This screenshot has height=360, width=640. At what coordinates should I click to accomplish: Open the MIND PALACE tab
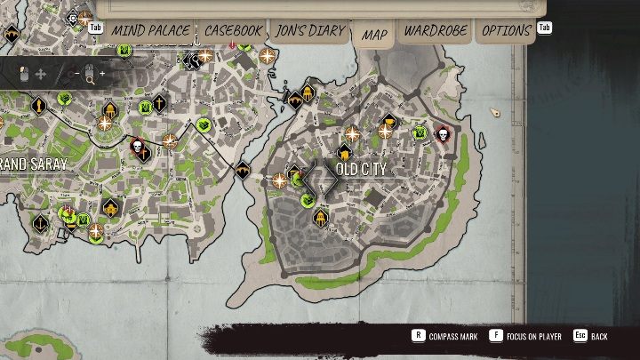point(150,30)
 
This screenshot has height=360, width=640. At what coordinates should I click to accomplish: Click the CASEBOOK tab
point(234,30)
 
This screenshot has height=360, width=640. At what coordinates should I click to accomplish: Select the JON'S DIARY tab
point(309,30)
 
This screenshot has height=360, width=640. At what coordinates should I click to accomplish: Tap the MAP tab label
point(374,35)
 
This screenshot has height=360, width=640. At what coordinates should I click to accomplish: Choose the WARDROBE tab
point(436,30)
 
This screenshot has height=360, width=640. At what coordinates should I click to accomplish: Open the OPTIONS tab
point(506,30)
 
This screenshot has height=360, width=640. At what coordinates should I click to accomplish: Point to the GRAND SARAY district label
point(34,165)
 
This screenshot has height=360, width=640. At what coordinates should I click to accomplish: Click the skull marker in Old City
point(442,134)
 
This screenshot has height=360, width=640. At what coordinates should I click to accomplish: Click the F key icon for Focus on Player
point(495,336)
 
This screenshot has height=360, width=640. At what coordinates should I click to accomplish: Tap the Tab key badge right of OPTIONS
point(544,28)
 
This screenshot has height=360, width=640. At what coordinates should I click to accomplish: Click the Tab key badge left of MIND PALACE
point(96,28)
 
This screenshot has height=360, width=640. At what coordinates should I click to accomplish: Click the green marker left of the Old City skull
point(420,133)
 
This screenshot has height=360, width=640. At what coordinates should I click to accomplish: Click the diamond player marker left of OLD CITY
point(319,180)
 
